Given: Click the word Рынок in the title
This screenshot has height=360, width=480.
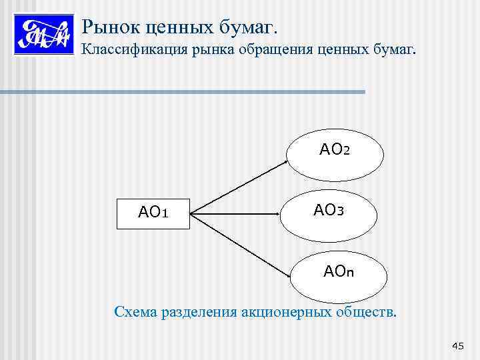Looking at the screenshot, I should [x=105, y=27].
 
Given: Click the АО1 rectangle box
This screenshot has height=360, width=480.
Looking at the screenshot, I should [x=153, y=213].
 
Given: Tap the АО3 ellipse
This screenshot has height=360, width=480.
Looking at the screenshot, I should [x=328, y=211].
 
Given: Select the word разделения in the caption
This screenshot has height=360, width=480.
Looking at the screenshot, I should [x=198, y=312].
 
